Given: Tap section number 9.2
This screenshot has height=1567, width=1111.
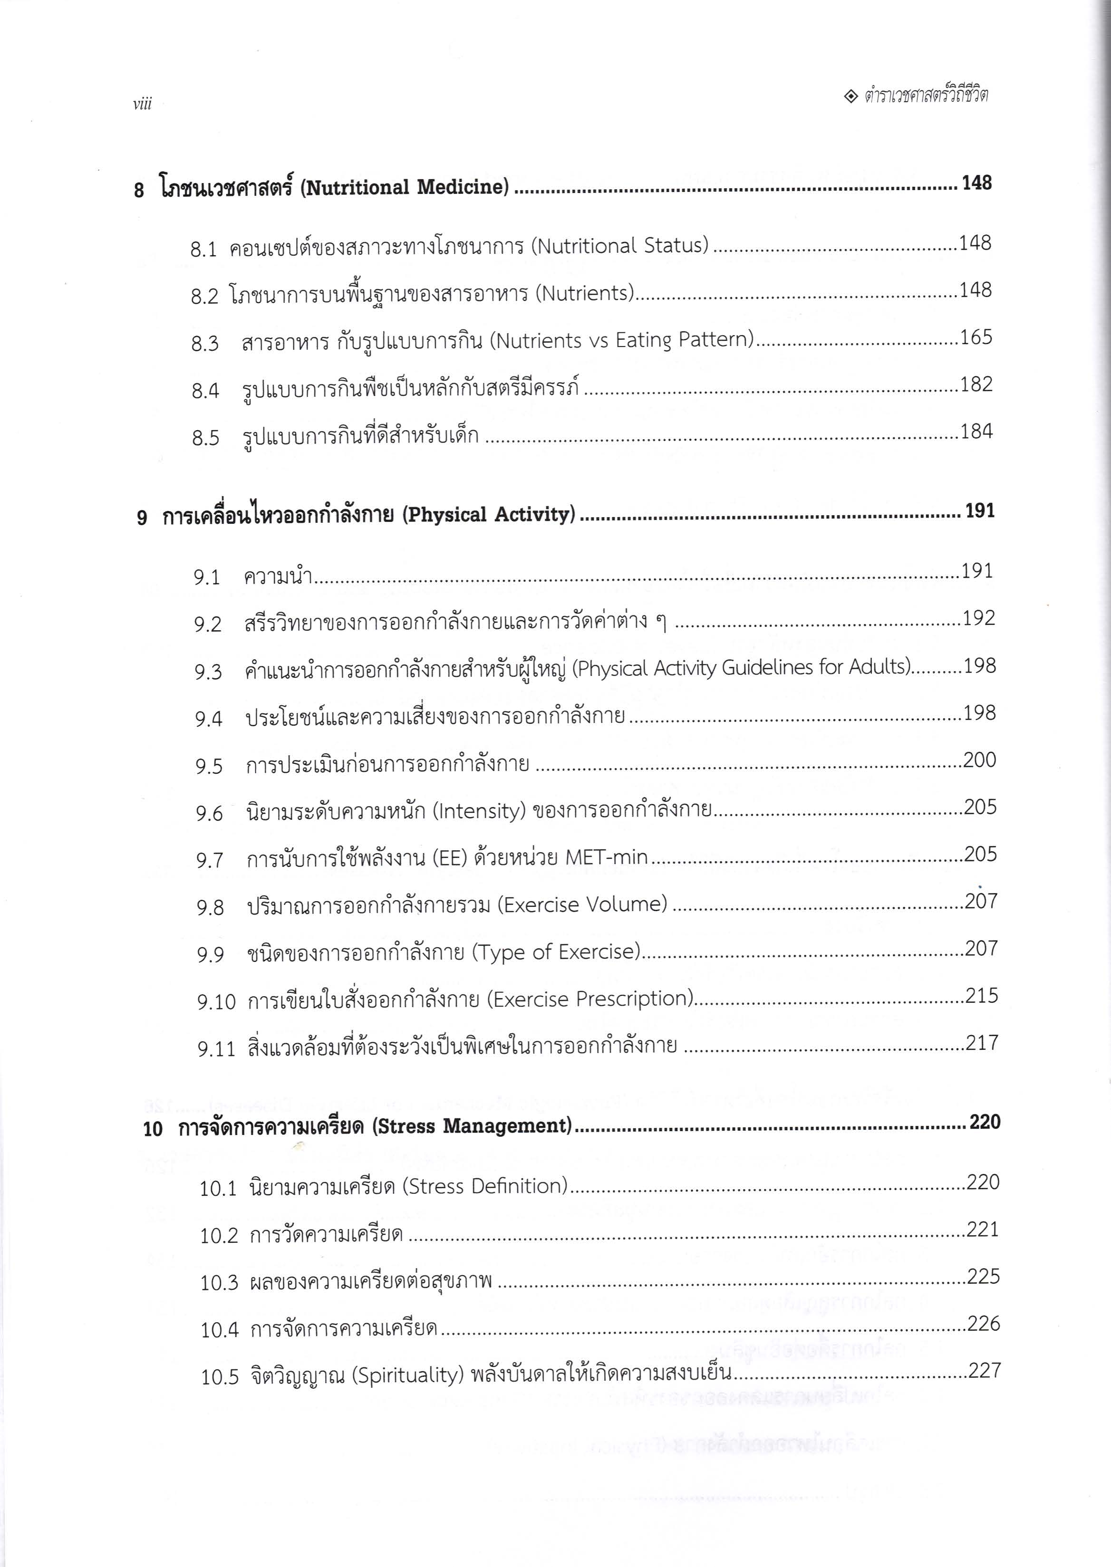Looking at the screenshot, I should [x=208, y=625].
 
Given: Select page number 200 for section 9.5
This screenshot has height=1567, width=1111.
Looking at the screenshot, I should [x=980, y=760].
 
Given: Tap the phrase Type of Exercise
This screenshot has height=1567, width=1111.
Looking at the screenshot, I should [x=555, y=952].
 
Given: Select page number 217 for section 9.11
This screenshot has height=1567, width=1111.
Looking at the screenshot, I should [x=982, y=1043].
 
